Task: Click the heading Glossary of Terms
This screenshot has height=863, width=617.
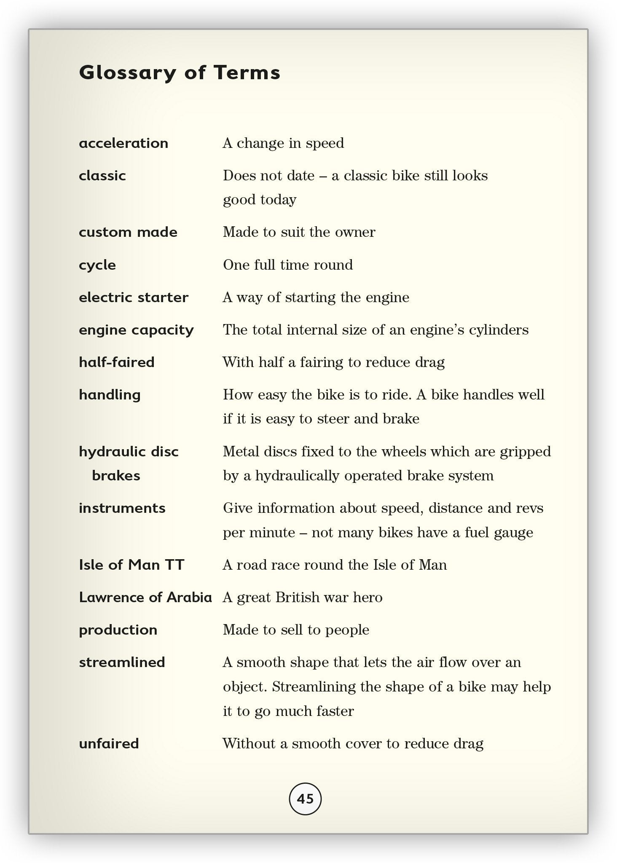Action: click(180, 72)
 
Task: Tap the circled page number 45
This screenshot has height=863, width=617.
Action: click(305, 799)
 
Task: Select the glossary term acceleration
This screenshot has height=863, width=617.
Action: click(123, 143)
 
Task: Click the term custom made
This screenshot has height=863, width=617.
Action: click(128, 232)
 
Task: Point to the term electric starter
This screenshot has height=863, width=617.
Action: click(134, 297)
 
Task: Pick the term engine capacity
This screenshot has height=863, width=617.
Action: click(136, 330)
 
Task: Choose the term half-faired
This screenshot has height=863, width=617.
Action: click(117, 362)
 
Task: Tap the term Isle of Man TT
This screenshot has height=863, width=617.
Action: click(131, 565)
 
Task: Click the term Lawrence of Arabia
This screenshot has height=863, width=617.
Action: click(145, 598)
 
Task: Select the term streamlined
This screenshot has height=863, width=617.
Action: click(122, 662)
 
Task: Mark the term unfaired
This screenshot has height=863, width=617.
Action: click(109, 743)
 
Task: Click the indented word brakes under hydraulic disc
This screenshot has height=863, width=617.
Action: click(116, 476)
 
